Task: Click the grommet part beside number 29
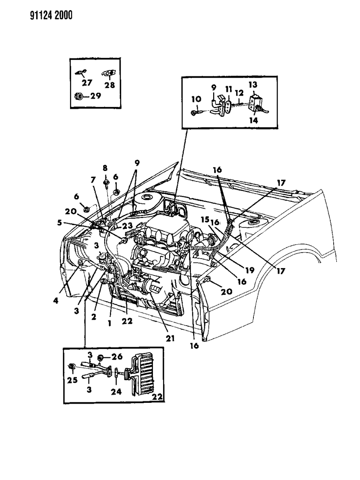pyautogui.click(x=79, y=96)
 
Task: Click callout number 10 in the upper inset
pyautogui.click(x=197, y=99)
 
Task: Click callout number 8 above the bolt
pyautogui.click(x=105, y=168)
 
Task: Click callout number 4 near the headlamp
pyautogui.click(x=56, y=300)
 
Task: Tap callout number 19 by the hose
pyautogui.click(x=249, y=270)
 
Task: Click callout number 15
pyautogui.click(x=204, y=219)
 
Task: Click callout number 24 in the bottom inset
pyautogui.click(x=116, y=392)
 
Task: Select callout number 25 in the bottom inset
pyautogui.click(x=72, y=380)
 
